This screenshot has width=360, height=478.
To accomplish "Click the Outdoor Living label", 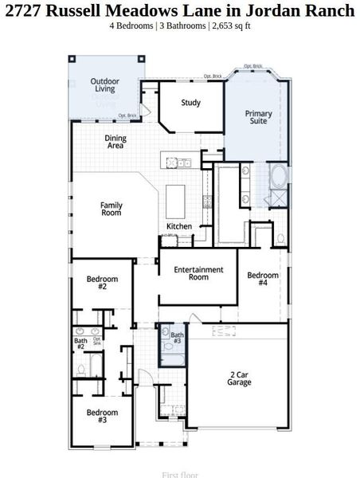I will coord(105,84).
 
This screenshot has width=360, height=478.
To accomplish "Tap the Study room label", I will coord(190,103).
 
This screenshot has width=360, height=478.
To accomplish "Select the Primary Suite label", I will coord(258,118).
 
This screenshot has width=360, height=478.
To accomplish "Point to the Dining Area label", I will coord(115,142).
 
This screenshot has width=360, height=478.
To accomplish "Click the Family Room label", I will coord(111,210).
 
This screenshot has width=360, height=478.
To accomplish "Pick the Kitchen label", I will coord(179,227).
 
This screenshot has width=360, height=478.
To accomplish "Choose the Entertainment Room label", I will coord(198,273).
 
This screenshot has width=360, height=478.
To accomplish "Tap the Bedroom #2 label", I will coord(102,283).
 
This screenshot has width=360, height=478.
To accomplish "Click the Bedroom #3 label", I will coord(102,417).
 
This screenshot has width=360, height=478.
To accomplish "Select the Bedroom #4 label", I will coord(262,280).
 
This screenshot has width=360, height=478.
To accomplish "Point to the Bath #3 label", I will coord(177,339).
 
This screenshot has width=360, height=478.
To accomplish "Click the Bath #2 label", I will coord(80,345).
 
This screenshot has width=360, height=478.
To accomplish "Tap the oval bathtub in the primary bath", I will coord(279,176).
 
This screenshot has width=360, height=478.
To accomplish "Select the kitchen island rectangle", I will coord(175,197).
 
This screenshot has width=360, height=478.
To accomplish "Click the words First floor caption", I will coord(180,474).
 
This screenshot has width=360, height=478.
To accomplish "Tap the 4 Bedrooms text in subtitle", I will coord(131,25).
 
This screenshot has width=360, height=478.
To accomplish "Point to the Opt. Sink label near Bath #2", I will coord(96,341).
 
